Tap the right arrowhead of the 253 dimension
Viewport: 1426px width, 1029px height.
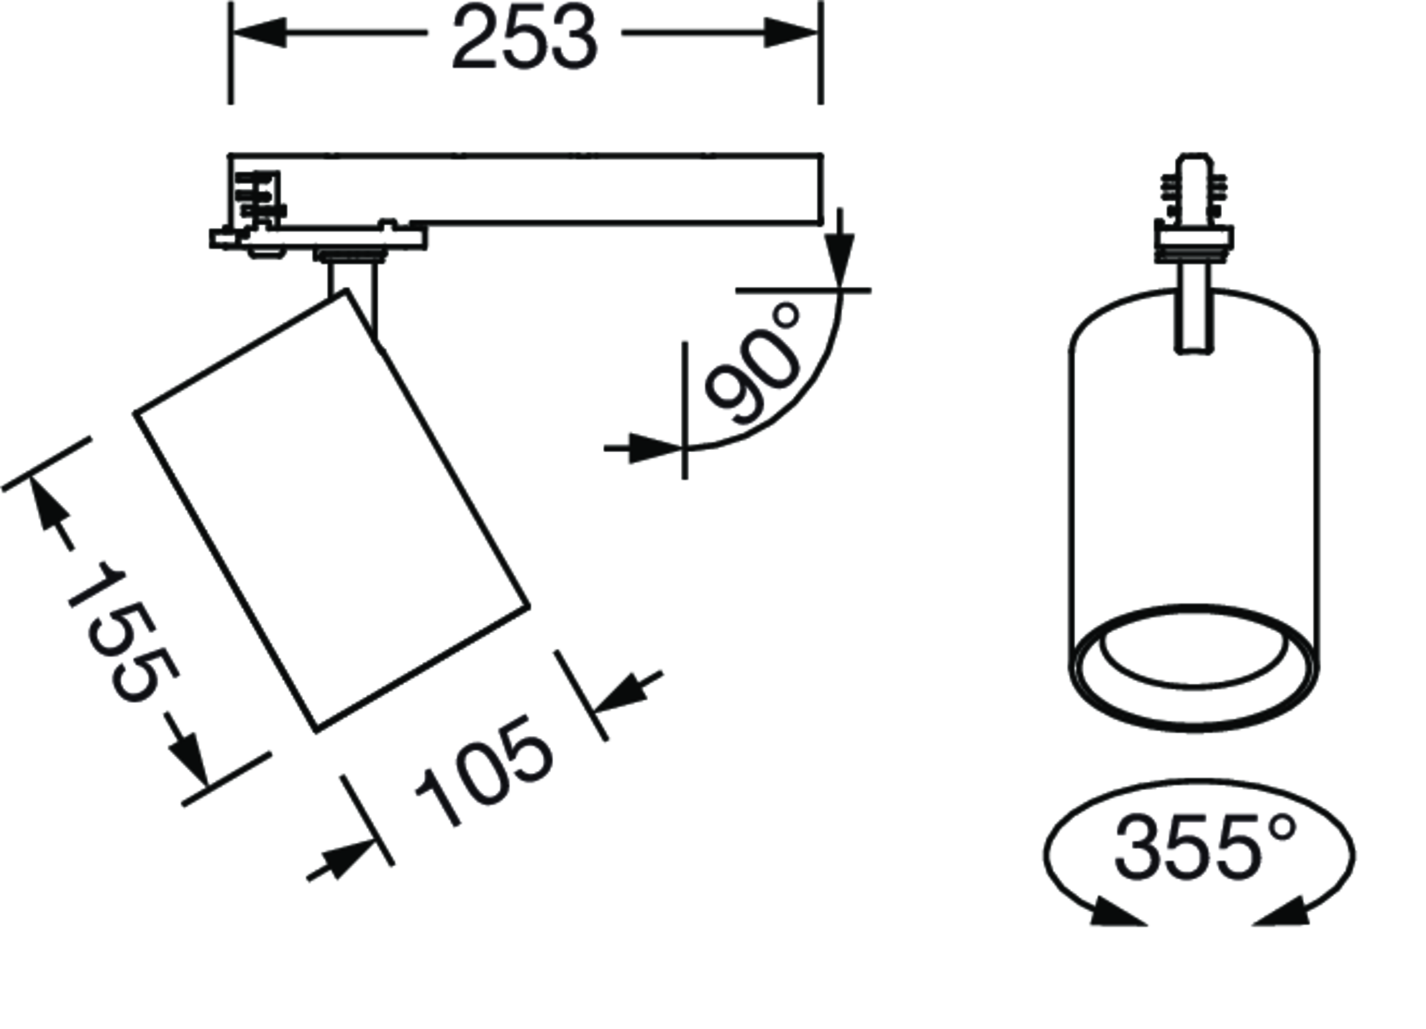pyautogui.click(x=792, y=33)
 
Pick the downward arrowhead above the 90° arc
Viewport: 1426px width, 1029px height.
pyautogui.click(x=841, y=262)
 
